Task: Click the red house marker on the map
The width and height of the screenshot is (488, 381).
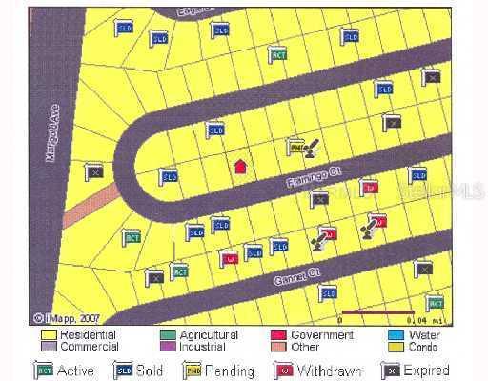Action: [240, 166]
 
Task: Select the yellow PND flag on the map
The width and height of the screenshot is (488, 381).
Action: [296, 149]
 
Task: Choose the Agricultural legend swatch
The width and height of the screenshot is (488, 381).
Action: [167, 335]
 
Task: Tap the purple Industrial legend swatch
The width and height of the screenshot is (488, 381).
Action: [167, 347]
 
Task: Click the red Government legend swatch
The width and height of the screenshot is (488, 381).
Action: [279, 335]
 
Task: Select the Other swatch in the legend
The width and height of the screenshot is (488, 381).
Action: [279, 347]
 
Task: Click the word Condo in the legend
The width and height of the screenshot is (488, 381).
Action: [425, 347]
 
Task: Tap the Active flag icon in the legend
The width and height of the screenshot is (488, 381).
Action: [44, 370]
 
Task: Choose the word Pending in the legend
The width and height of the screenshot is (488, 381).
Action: [234, 371]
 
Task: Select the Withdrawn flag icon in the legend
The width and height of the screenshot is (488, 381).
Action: [282, 370]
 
